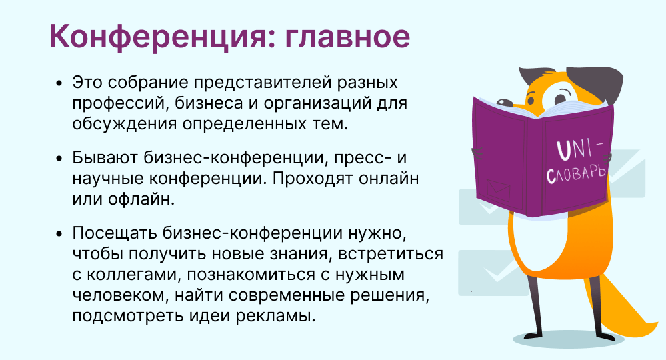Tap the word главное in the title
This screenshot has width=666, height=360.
[347, 37]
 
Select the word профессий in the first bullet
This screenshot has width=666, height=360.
[117, 103]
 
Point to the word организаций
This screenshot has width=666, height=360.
[317, 103]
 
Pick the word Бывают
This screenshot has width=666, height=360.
[105, 157]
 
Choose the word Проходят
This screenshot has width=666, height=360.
[313, 178]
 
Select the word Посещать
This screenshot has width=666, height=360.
[115, 233]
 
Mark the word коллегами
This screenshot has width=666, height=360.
[135, 275]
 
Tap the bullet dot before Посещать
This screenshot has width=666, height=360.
[59, 233]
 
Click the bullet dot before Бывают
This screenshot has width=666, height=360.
[59, 158]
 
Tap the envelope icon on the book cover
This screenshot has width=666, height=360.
[498, 190]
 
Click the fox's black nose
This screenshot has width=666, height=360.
[505, 103]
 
